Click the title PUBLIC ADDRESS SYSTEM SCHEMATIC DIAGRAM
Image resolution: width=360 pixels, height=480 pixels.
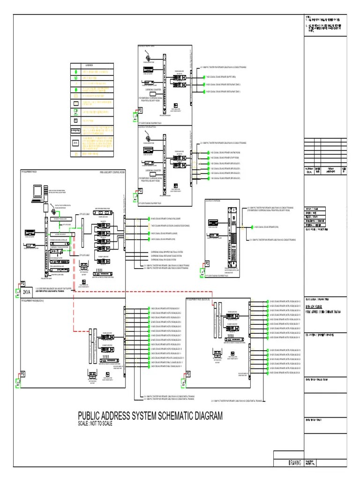(150, 416)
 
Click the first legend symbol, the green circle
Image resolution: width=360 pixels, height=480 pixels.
(75, 72)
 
